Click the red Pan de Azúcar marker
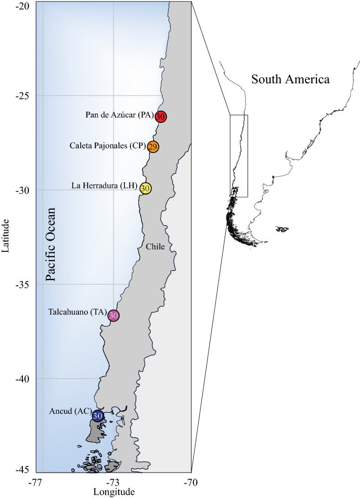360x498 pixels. [160, 117]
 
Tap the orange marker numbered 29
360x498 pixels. [153, 147]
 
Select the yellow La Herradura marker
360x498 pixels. [145, 188]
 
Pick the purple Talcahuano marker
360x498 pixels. [113, 315]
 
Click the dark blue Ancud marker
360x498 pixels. [98, 416]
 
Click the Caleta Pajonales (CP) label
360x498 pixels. [107, 146]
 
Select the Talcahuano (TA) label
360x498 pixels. [77, 313]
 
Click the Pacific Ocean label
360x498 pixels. [51, 244]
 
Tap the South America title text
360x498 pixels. [290, 79]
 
